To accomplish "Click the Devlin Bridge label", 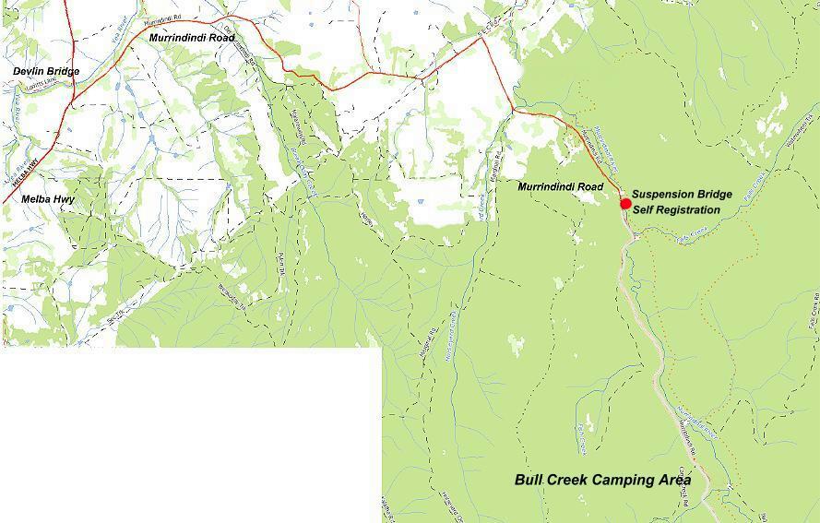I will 46,71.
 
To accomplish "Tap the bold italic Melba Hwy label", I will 48,199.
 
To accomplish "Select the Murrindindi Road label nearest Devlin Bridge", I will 191,38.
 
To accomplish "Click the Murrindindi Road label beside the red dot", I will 560,187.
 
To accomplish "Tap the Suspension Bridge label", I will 682,195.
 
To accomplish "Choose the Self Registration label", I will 675,209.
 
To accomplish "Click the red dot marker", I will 625,204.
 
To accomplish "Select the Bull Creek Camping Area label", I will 615,481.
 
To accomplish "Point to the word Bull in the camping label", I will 529,481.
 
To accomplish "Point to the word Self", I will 643,209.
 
